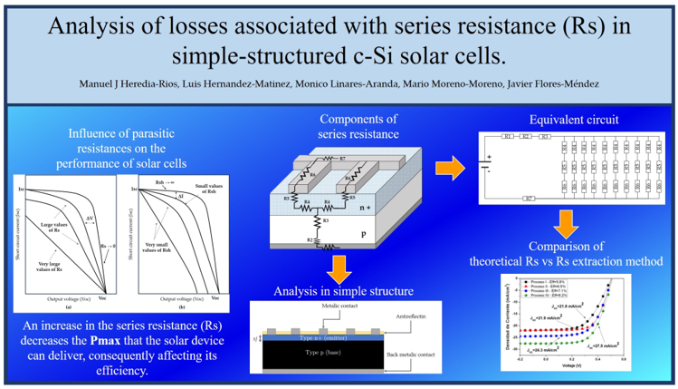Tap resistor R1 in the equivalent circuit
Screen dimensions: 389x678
[x=509, y=137]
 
